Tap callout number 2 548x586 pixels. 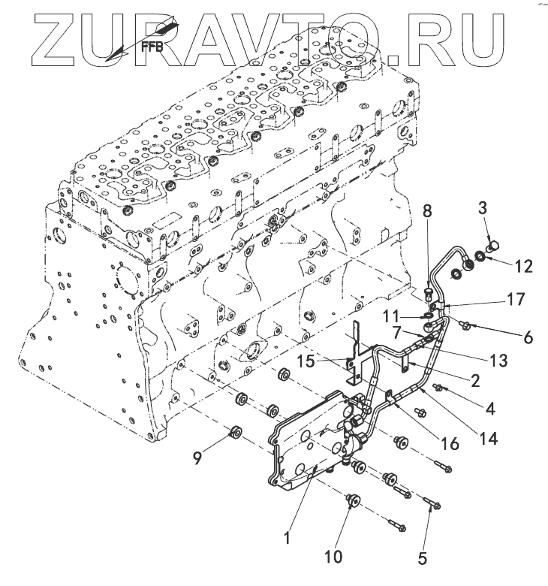coord(474,380)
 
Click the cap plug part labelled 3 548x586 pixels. coord(494,245)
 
